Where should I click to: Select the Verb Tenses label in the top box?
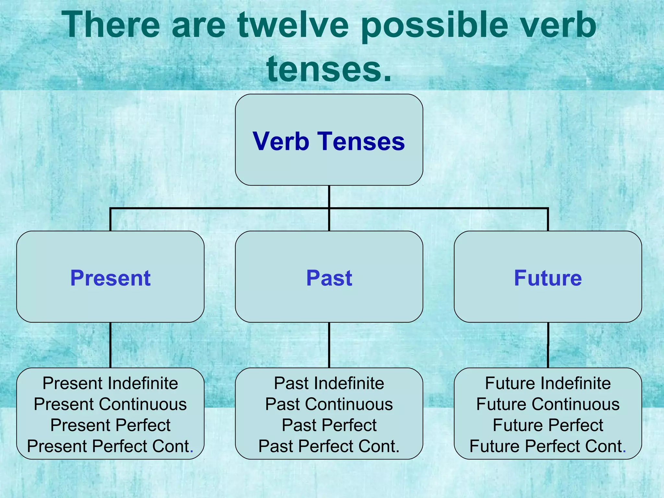click(329, 141)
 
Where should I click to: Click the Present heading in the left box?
click(110, 278)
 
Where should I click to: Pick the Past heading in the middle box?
click(329, 278)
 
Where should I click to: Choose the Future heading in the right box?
click(548, 278)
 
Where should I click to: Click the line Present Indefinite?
click(110, 383)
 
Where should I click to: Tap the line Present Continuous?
click(110, 404)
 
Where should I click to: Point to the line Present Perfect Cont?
click(110, 446)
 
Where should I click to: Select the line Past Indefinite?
click(329, 383)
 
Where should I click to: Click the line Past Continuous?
click(329, 404)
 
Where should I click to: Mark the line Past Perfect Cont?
click(329, 446)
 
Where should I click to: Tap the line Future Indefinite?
click(548, 383)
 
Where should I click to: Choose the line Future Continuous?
click(548, 404)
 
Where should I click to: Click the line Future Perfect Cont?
click(548, 446)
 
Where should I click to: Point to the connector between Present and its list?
click(110, 345)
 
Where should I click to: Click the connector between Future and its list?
click(548, 345)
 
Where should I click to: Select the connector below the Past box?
click(329, 345)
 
